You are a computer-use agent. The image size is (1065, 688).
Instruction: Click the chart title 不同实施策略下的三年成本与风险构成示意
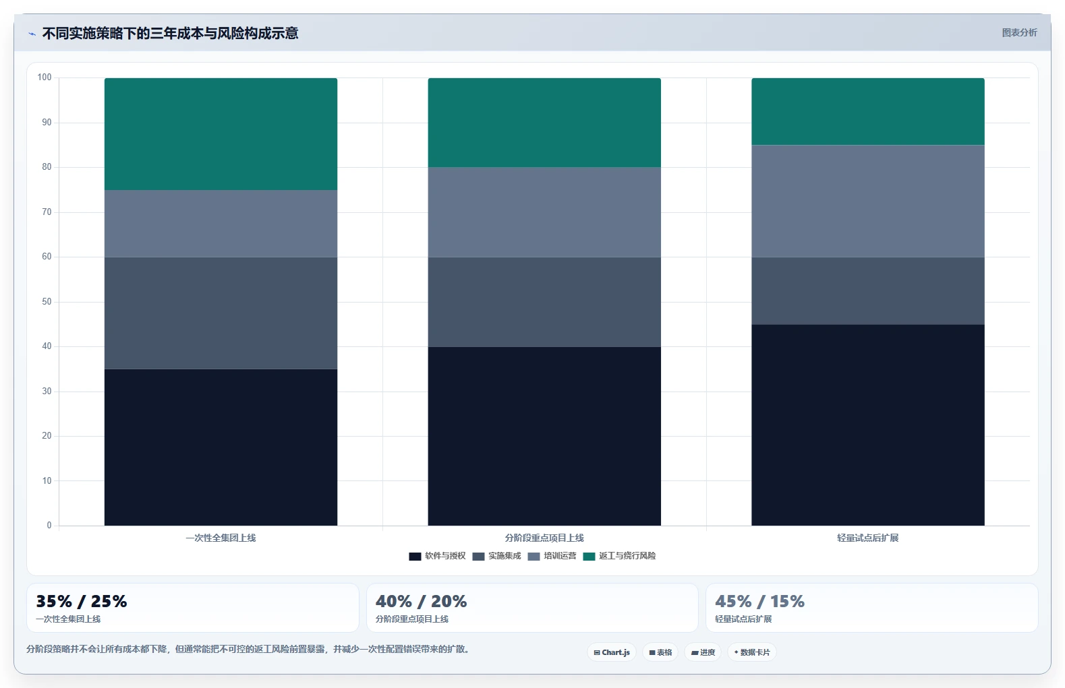pyautogui.click(x=170, y=33)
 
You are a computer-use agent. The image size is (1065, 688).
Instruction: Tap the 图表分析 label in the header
pyautogui.click(x=1019, y=33)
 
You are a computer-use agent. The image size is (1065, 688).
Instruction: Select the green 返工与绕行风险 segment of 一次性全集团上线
pyautogui.click(x=221, y=134)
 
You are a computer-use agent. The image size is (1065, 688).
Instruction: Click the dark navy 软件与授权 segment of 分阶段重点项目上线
pyautogui.click(x=544, y=436)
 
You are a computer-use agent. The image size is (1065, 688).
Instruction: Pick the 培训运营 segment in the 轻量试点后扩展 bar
pyautogui.click(x=867, y=201)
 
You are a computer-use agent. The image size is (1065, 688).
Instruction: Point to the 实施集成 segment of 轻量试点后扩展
pyautogui.click(x=867, y=291)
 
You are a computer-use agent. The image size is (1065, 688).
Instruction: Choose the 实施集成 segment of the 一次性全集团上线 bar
pyautogui.click(x=221, y=313)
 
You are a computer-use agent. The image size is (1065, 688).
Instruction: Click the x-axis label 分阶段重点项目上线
pyautogui.click(x=544, y=538)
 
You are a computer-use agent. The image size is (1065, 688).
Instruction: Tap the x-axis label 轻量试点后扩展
pyautogui.click(x=867, y=538)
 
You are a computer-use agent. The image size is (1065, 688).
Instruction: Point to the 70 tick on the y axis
pyautogui.click(x=47, y=212)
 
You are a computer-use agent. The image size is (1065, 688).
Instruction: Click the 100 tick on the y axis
pyautogui.click(x=45, y=77)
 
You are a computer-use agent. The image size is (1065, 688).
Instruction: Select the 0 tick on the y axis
pyautogui.click(x=49, y=525)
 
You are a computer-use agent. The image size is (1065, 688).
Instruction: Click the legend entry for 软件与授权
pyautogui.click(x=438, y=556)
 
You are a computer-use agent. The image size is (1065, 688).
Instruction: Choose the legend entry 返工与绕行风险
pyautogui.click(x=619, y=556)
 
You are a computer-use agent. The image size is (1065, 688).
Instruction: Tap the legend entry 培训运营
pyautogui.click(x=552, y=556)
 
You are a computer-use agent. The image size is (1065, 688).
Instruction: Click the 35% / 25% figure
pyautogui.click(x=82, y=601)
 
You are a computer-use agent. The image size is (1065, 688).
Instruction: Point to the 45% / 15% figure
pyautogui.click(x=759, y=601)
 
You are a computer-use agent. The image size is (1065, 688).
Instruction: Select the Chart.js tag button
pyautogui.click(x=612, y=652)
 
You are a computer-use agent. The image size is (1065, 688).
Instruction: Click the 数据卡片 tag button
pyautogui.click(x=751, y=652)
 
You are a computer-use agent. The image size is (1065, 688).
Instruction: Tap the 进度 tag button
pyautogui.click(x=703, y=652)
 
